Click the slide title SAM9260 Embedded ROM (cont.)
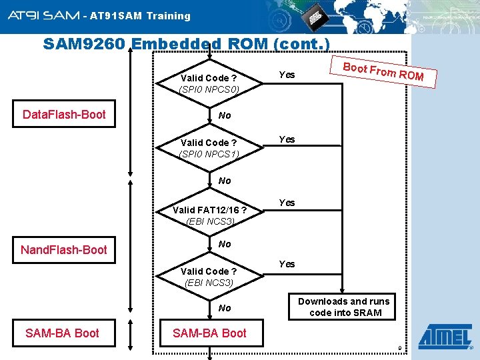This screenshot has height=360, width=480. coord(186,44)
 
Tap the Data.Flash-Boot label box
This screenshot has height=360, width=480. coord(64,115)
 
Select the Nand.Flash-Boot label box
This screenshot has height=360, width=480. coord(64,250)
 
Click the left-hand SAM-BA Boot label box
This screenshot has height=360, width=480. coord(62,333)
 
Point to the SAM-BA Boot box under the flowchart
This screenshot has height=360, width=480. coord(209,333)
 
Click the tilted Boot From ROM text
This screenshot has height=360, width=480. coord(383,71)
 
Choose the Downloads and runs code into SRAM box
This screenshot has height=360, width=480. coord(345,307)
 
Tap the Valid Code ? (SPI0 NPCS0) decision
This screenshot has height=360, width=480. coord(209,83)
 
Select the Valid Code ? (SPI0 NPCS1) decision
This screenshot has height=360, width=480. coord(209,148)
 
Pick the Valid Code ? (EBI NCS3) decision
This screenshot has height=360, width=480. coord(209,277)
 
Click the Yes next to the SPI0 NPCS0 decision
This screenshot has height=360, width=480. coord(287,75)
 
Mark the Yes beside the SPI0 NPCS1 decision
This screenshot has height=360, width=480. coord(287,139)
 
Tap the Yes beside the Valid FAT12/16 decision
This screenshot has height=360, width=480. coord(287,202)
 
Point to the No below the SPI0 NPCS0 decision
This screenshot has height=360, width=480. coord(225,115)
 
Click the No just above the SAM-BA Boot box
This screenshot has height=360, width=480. coord(225,308)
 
